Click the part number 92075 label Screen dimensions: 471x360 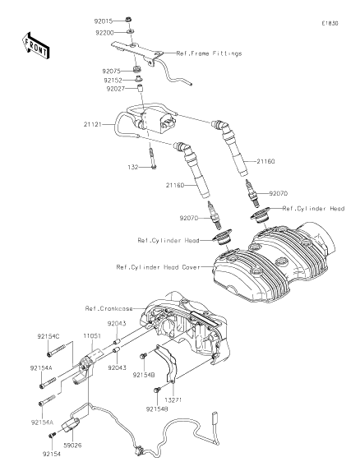(x=113, y=71)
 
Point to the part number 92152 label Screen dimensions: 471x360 (x=113, y=81)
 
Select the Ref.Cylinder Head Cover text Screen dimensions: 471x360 (x=156, y=267)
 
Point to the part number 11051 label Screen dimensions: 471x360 (x=90, y=336)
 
